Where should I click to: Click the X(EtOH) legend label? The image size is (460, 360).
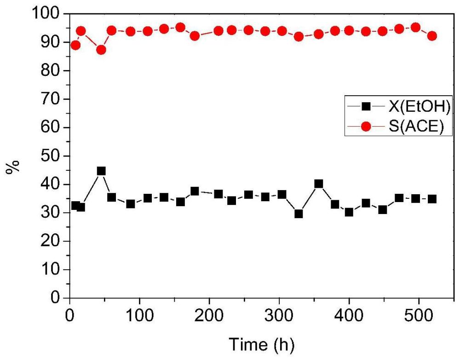(419, 106)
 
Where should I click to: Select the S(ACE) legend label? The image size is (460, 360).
(416, 127)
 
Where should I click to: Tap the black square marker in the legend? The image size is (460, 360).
(366, 106)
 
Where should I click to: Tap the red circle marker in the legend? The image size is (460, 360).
(366, 127)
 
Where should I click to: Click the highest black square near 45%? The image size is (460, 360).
(101, 171)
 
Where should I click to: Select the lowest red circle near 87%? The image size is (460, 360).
(101, 50)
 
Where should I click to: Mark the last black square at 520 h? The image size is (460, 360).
(432, 199)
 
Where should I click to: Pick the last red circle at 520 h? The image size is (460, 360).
(432, 36)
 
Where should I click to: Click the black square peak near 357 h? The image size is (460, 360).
(319, 184)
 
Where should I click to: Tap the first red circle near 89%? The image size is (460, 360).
(75, 45)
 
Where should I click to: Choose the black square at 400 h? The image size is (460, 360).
(349, 212)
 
